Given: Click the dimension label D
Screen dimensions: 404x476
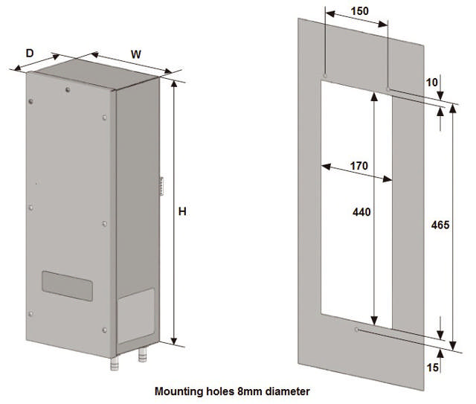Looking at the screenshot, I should coord(30,53).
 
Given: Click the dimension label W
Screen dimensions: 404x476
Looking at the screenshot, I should coord(136,54).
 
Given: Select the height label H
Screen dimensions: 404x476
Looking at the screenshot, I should coord(182,212).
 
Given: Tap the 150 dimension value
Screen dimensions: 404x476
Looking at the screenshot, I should coord(358,11).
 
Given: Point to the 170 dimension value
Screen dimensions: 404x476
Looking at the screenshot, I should coord(358,166).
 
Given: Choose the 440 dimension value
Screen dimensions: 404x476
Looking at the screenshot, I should coord(361,212).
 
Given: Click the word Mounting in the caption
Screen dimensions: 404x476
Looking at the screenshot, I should coord(178,391).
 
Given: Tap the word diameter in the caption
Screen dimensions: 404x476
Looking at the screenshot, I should coord(284,391).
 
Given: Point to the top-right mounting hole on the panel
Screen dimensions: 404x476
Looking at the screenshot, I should coord(388,89).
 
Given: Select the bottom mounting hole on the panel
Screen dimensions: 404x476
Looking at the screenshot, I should coord(358,329).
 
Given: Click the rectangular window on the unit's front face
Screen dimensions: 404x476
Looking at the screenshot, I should coord(65,286).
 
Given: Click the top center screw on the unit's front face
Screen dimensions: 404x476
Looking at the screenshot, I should coord(67,92).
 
